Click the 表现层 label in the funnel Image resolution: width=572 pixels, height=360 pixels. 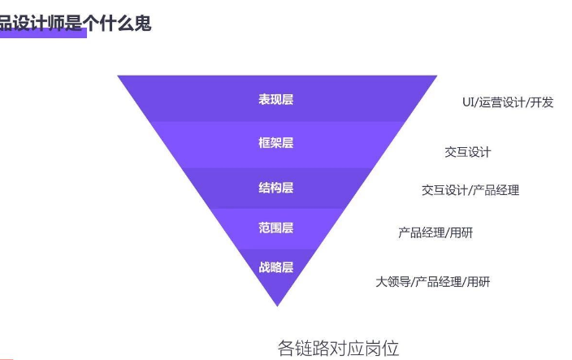click(x=276, y=100)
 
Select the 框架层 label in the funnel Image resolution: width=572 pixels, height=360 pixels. click(x=276, y=143)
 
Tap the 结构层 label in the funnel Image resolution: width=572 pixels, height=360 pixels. click(x=276, y=188)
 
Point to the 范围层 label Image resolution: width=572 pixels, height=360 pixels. click(x=276, y=228)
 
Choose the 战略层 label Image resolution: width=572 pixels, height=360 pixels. click(x=276, y=267)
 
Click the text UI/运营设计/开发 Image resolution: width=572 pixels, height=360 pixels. click(x=508, y=102)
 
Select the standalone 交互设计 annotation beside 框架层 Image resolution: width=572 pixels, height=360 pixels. click(x=468, y=152)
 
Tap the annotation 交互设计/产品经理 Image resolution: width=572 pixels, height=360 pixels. click(x=470, y=190)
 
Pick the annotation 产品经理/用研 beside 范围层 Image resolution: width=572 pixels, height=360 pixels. click(x=435, y=233)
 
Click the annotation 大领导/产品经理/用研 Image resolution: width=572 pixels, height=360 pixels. click(x=433, y=282)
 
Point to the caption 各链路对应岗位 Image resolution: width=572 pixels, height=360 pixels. click(x=339, y=349)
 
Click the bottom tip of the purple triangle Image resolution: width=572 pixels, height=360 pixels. click(x=278, y=305)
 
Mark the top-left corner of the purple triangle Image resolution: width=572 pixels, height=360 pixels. click(x=119, y=76)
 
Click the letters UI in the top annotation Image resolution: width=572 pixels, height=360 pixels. click(x=468, y=102)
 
